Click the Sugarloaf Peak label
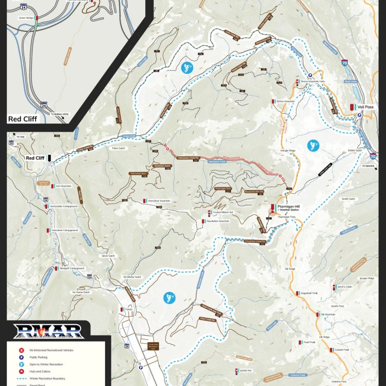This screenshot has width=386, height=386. (x=309, y=293)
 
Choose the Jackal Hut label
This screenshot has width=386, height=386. (x=246, y=371)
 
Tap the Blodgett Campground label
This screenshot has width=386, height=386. (x=73, y=268)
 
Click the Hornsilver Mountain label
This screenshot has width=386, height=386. (x=159, y=201)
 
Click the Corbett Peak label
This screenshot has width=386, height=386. (x=342, y=349)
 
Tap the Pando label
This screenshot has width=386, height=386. (x=128, y=309)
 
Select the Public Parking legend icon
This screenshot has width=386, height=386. (x=22, y=357)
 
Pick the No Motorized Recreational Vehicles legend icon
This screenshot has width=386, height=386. (x=22, y=350)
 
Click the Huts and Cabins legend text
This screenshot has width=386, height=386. (x=40, y=372)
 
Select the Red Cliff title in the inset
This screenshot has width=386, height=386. (x=22, y=118)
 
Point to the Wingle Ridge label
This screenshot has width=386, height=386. (x=288, y=151)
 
